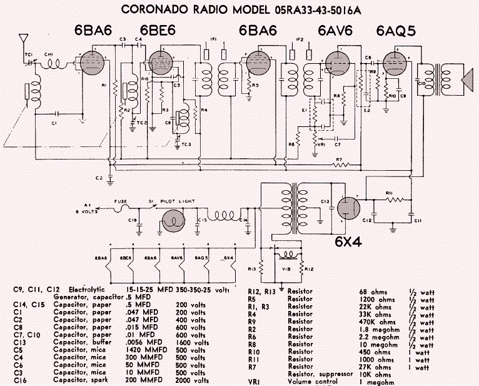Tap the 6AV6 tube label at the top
pos(336,30)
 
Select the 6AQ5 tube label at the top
pos(396,30)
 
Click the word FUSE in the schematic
pos(121,201)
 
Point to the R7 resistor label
pos(338,160)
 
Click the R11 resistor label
pos(389,193)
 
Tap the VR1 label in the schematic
pos(321,145)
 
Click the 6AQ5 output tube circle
pos(395,64)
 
